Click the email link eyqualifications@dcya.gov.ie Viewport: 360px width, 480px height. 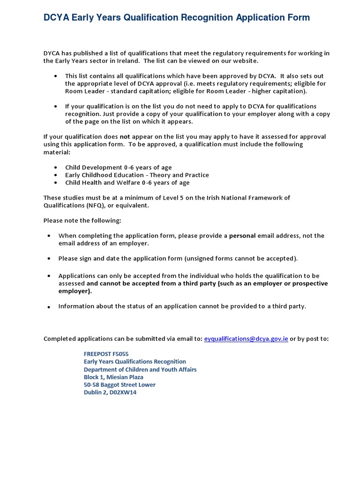[x=246, y=339]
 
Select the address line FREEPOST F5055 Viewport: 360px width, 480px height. [x=106, y=354]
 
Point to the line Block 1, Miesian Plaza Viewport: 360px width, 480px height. [x=113, y=377]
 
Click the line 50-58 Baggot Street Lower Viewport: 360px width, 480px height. [x=120, y=385]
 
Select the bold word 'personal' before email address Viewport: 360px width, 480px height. [x=242, y=236]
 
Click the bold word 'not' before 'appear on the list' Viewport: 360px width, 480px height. [x=124, y=137]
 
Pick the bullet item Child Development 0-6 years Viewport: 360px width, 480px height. [x=118, y=167]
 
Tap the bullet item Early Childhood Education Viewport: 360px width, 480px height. [x=137, y=175]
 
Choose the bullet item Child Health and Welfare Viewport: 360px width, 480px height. [x=127, y=183]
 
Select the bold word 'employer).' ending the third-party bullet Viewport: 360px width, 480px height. [x=75, y=291]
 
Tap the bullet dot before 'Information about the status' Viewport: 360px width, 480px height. [x=49, y=307]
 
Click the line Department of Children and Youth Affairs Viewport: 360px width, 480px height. [x=140, y=369]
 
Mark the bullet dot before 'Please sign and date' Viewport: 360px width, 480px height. [x=49, y=259]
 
